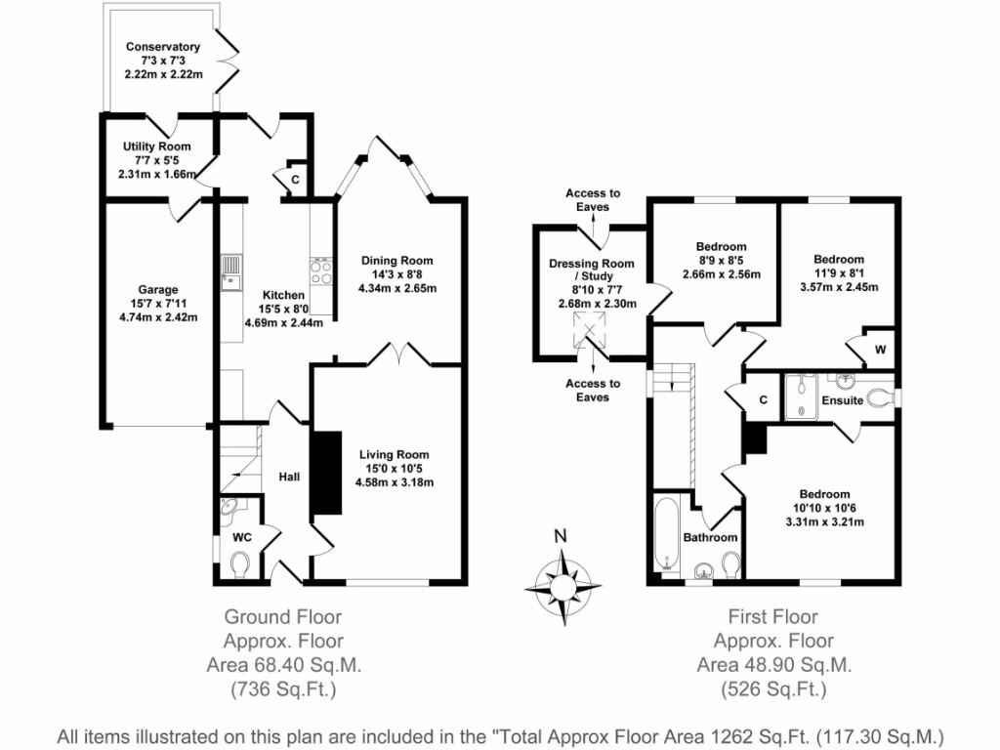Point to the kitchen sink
[230, 273]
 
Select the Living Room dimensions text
[395, 482]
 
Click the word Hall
[290, 477]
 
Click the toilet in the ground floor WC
[239, 563]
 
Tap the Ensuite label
[842, 400]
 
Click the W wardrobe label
[880, 350]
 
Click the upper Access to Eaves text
[593, 200]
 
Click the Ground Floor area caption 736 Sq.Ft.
[283, 689]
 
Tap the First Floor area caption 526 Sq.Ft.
[772, 689]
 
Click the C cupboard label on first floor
[764, 400]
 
